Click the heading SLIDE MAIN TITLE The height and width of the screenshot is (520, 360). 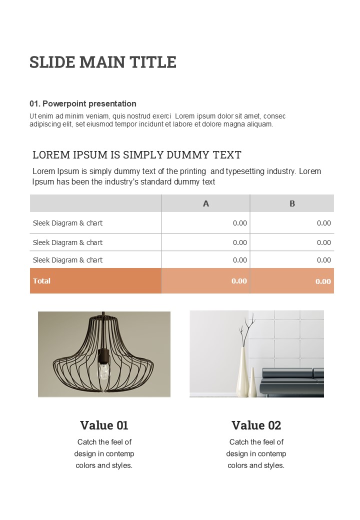[103, 62]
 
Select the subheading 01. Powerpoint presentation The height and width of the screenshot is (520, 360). [83, 103]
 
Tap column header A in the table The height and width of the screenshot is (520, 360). [205, 203]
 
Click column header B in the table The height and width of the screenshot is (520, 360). [292, 203]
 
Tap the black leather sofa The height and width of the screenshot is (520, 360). [295, 382]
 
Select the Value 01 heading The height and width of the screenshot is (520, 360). [104, 425]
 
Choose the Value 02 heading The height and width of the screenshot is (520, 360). [256, 425]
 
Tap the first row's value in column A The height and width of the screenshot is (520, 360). [240, 223]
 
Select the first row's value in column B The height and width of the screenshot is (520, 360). [324, 223]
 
